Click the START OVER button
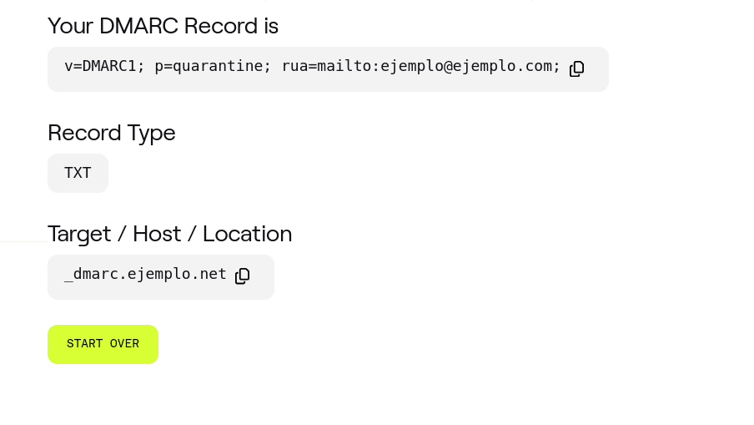[x=103, y=344]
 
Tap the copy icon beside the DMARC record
[x=577, y=68]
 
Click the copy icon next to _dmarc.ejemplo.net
[x=243, y=276]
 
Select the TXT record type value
[x=78, y=174]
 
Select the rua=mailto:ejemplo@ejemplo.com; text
[x=421, y=66]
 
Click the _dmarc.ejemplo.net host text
[x=145, y=274]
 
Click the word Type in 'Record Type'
[x=151, y=133]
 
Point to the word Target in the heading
[x=79, y=234]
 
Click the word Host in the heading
[x=157, y=234]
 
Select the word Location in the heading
[x=248, y=234]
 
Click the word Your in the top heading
[x=70, y=26]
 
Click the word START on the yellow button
[x=84, y=344]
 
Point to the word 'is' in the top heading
[x=271, y=26]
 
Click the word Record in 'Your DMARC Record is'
[x=221, y=26]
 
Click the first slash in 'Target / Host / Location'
[x=122, y=234]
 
